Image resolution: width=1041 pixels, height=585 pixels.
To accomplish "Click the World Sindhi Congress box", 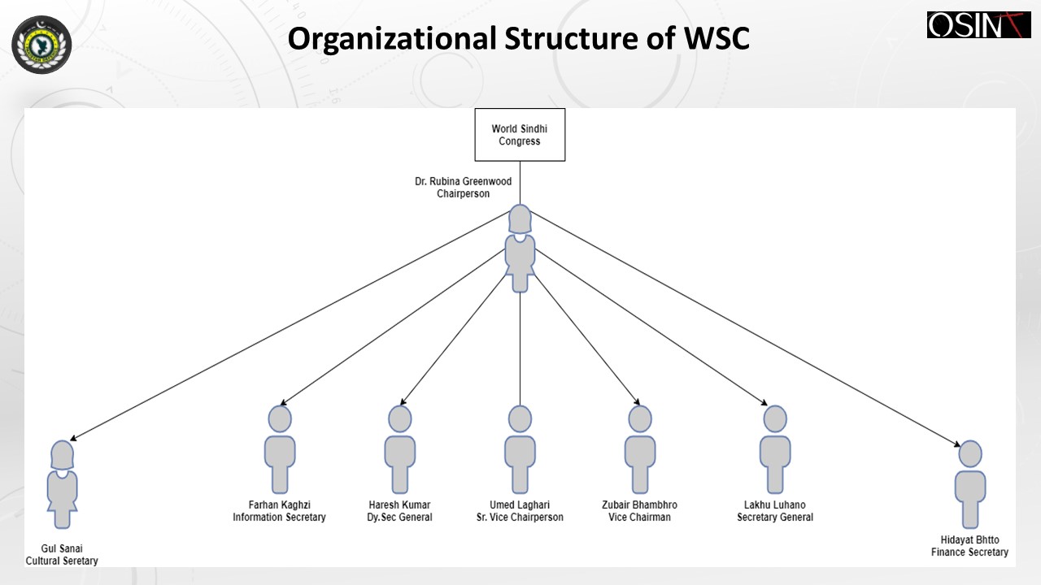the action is pos(520,135).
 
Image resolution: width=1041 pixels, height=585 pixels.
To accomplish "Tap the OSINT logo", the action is pos(978,24).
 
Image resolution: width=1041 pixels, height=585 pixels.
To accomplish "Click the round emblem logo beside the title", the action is pos(41,45).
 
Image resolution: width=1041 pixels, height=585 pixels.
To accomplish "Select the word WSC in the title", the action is pos(717,38).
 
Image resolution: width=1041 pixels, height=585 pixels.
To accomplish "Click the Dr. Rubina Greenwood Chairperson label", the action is pos(463,188).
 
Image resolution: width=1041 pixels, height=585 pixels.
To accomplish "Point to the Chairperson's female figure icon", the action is pos(520,249).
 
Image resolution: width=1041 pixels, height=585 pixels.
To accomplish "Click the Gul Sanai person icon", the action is pos(63,484).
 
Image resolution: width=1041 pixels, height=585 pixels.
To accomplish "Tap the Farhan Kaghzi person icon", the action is pos(280,449).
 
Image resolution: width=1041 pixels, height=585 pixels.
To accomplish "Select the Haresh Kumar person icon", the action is pos(399,449).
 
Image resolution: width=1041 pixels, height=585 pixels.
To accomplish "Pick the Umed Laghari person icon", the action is pos(520,449).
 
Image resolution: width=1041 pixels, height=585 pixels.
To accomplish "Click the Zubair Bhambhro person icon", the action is pos(640,449).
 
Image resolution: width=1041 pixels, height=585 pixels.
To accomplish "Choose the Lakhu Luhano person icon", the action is pos(775,449).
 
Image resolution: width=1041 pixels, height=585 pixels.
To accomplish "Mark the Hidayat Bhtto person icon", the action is pos(970,484).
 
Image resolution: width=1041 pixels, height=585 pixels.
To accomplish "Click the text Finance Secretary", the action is pos(970,552).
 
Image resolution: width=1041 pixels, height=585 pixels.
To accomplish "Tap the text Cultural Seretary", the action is pos(62,561).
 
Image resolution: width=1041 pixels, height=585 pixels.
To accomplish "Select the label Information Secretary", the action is pos(279,518).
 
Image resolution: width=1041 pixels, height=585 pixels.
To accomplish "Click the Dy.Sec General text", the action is pos(399,518).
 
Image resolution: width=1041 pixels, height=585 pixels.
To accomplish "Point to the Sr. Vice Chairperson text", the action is pos(520,518).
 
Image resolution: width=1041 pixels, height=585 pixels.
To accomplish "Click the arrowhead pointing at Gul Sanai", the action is pos(73,438).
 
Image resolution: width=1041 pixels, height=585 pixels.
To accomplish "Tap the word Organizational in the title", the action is pos(392,39).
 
